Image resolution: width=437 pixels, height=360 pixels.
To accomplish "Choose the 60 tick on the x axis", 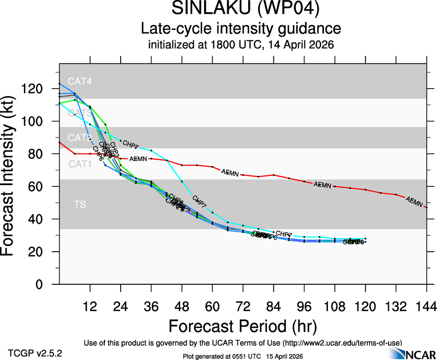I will [212, 306].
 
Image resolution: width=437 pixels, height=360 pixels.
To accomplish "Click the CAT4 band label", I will [79, 82].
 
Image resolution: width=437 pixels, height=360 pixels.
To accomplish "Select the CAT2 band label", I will [79, 138].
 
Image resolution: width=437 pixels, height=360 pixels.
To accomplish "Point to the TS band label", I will [79, 204].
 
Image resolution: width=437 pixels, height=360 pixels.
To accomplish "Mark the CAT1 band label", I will [79, 164].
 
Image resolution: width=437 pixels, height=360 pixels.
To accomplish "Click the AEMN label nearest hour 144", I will [414, 202].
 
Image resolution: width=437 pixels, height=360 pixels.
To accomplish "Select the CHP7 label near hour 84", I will [284, 234].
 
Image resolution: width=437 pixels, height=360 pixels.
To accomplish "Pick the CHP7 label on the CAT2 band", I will [131, 146].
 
